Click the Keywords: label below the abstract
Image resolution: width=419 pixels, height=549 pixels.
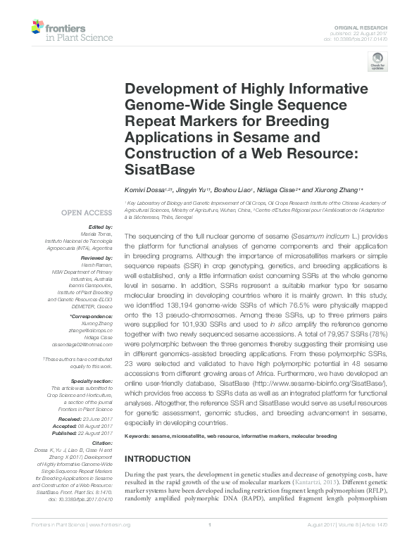[x=139, y=437]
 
